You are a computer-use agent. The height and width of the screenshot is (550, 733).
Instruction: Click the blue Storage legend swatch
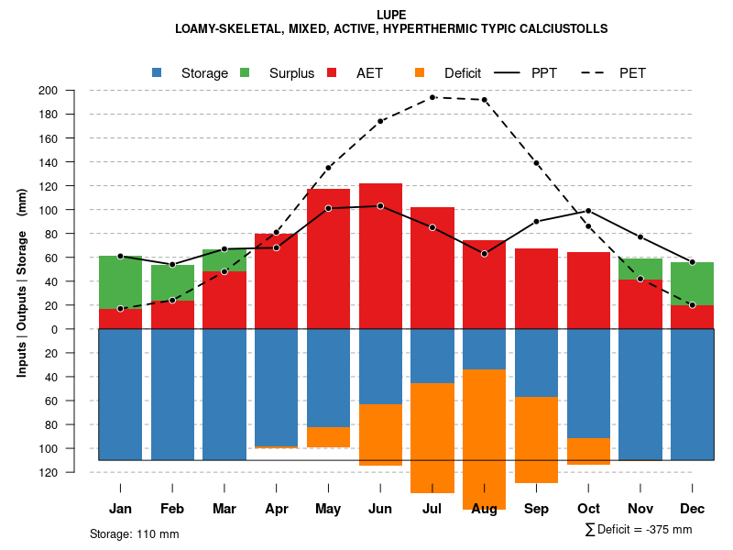pos(157,72)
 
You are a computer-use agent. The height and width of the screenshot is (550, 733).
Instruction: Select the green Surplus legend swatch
pos(245,72)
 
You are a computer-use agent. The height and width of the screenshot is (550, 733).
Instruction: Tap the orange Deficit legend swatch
pos(420,72)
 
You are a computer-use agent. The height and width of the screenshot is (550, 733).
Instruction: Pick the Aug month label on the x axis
pos(485,508)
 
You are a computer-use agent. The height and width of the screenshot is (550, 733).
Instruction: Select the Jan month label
pos(120,508)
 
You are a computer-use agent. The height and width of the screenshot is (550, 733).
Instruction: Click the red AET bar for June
pos(380,266)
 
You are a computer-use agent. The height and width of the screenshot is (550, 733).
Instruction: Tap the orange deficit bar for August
pos(485,440)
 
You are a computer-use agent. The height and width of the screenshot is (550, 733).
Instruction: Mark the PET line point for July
pos(432,97)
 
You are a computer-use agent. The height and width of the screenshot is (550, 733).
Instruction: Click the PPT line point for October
pos(588,211)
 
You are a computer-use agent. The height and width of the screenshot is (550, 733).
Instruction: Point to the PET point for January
pos(120,309)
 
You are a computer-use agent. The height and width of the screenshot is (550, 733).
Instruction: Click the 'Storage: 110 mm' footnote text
pos(134,533)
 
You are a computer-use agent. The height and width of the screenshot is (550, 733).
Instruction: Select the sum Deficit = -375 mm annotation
pos(638,530)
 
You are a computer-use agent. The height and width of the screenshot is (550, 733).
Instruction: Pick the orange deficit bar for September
pos(536,440)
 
